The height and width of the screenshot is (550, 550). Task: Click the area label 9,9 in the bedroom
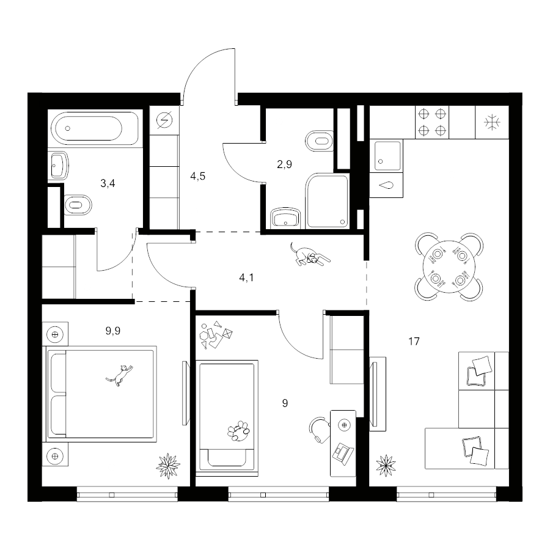113,331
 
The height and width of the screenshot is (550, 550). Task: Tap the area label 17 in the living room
414,341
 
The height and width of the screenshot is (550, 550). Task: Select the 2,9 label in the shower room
284,164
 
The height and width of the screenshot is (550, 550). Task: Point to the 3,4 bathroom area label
108,183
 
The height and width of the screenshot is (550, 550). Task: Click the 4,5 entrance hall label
198,176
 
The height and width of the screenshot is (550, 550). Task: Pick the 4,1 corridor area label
247,278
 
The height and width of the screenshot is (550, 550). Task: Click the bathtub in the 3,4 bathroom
95,128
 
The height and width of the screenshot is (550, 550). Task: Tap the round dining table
449,266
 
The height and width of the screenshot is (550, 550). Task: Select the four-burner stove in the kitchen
432,122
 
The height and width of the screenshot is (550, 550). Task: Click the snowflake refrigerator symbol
492,122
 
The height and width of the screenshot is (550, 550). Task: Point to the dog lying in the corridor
310,254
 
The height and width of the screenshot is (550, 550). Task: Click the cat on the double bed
120,375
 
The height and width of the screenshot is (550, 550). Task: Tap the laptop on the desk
343,454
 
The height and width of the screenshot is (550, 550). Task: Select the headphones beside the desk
318,430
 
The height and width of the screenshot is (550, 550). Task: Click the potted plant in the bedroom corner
168,466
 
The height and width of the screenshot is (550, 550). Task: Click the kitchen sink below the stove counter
387,155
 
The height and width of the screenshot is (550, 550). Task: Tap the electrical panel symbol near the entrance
164,120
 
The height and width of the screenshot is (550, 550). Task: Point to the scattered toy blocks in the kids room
216,335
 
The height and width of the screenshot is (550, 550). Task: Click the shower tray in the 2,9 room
328,200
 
